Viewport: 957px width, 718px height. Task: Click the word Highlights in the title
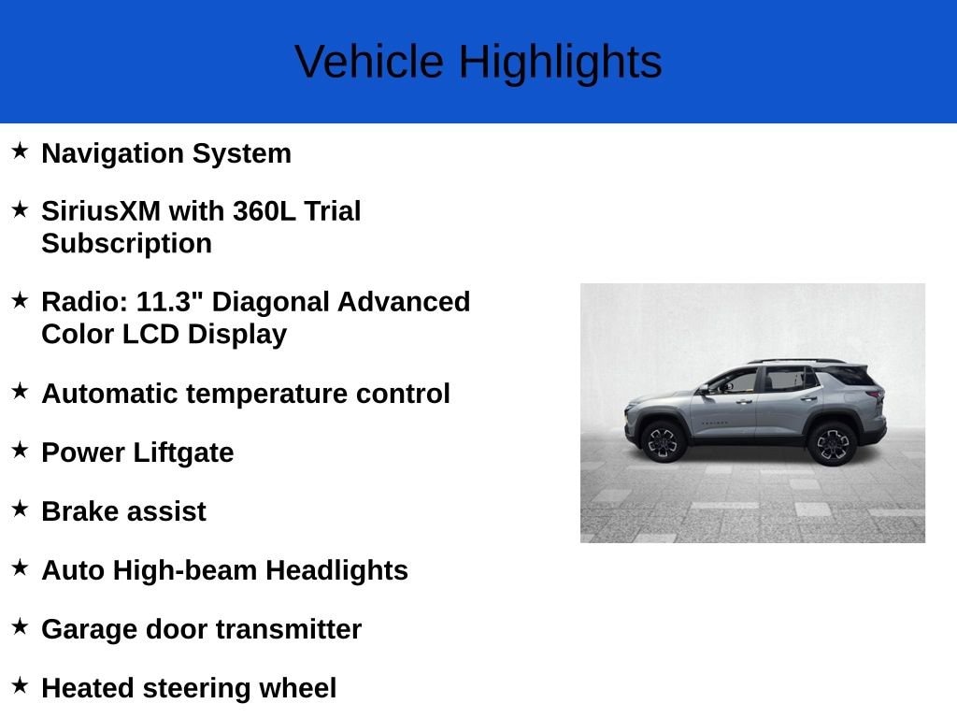click(560, 62)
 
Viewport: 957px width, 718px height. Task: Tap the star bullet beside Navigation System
click(20, 151)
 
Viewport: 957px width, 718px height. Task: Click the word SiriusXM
click(101, 211)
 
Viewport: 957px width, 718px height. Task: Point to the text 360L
click(264, 211)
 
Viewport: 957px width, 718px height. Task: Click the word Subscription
click(126, 243)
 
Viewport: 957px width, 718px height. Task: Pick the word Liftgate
click(183, 452)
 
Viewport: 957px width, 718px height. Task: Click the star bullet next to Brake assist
click(20, 509)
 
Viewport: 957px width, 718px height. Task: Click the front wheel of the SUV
click(664, 441)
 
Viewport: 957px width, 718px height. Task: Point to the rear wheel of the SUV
click(832, 442)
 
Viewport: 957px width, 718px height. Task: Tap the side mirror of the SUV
click(704, 389)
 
